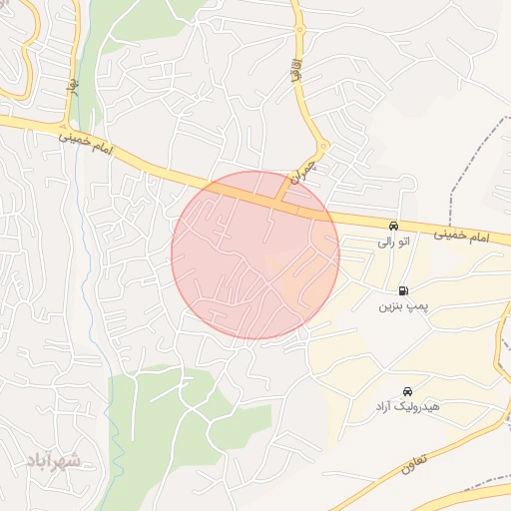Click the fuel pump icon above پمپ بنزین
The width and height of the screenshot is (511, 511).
point(402,290)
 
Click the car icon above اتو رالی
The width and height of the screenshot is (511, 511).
point(393,226)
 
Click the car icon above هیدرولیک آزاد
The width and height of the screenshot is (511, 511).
point(407,391)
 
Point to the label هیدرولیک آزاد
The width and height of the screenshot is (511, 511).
point(407,407)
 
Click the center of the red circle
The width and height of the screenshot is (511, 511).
point(255,255)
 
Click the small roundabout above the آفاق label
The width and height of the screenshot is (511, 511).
point(298,31)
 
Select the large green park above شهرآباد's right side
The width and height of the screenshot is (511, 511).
point(175,419)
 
